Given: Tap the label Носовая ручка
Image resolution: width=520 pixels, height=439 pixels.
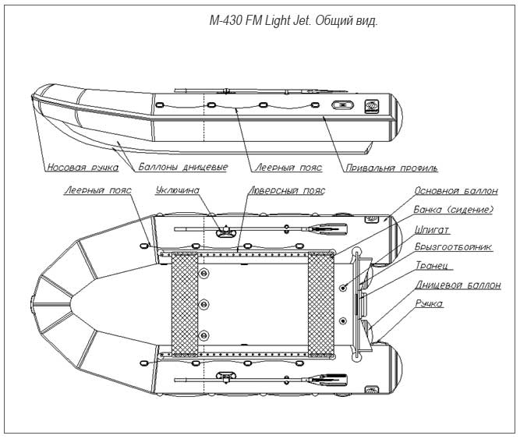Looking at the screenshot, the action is pyautogui.click(x=83, y=167).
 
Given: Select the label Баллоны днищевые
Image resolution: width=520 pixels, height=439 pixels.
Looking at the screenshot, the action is pyautogui.click(x=183, y=167).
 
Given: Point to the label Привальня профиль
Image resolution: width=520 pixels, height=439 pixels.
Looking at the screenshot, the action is pyautogui.click(x=391, y=168).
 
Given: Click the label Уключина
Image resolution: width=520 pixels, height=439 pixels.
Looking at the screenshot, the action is pyautogui.click(x=178, y=190).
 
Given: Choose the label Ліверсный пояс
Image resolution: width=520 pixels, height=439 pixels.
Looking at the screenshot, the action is pyautogui.click(x=287, y=191).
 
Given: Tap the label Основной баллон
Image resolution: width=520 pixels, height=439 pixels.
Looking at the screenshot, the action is pyautogui.click(x=456, y=191).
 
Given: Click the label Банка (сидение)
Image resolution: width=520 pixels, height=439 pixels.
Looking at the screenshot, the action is pyautogui.click(x=454, y=210).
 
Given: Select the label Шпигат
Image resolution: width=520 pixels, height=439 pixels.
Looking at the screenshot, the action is pyautogui.click(x=432, y=229).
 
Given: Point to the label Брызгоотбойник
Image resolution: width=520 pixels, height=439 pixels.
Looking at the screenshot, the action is pyautogui.click(x=453, y=247).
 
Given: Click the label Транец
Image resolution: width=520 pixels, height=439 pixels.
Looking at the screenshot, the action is pyautogui.click(x=433, y=265).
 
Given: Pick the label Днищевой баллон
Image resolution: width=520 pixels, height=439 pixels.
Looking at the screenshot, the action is pyautogui.click(x=458, y=285).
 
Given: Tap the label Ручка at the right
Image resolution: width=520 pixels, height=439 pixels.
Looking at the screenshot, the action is pyautogui.click(x=429, y=304).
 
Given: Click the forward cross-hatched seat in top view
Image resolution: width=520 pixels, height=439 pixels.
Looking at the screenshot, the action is pyautogui.click(x=185, y=304).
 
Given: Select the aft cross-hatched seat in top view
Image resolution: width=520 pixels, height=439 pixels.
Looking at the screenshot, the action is pyautogui.click(x=320, y=304).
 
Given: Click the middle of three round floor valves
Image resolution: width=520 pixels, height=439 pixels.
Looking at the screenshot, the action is pyautogui.click(x=203, y=304).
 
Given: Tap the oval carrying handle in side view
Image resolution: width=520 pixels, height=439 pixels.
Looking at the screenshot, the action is pyautogui.click(x=342, y=106).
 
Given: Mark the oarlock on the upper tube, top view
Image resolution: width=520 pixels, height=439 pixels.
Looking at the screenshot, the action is pyautogui.click(x=225, y=231).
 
